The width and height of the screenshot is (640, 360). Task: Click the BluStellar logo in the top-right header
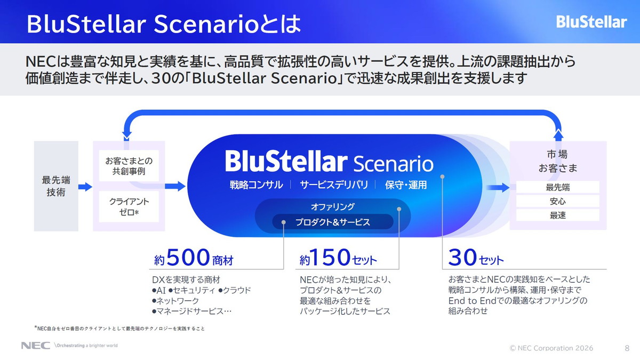591,22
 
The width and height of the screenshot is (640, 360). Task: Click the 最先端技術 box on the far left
56,186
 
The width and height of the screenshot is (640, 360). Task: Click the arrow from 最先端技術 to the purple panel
85,187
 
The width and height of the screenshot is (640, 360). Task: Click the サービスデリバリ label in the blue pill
334,185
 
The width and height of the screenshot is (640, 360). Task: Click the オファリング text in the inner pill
333,206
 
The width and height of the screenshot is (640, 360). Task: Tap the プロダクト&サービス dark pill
333,222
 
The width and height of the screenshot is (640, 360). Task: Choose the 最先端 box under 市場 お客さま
557,188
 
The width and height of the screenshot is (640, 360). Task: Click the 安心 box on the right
557,202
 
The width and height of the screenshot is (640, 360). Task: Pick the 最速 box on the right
557,215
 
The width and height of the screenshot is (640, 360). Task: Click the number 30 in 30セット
462,259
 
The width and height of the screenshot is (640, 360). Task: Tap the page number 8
627,348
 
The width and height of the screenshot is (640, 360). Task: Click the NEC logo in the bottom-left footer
35,346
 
